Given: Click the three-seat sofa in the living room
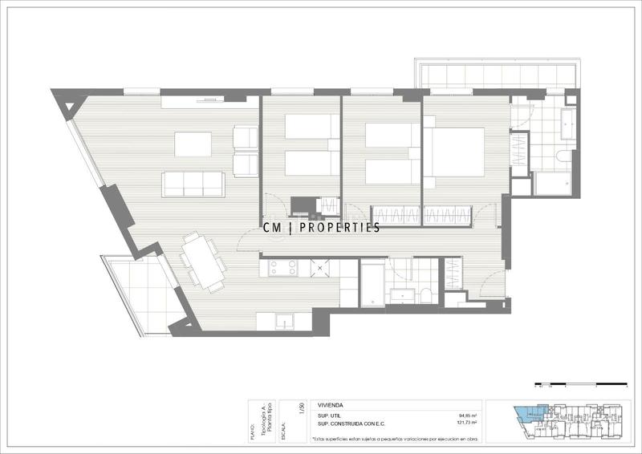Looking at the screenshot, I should [x=193, y=184].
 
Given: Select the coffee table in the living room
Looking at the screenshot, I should [x=193, y=144].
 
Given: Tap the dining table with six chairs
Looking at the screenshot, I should [x=203, y=260].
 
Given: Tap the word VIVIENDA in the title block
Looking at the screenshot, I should [x=332, y=406].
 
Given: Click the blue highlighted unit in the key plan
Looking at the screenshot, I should [x=526, y=415].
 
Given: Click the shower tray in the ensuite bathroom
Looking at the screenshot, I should [x=554, y=184].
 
